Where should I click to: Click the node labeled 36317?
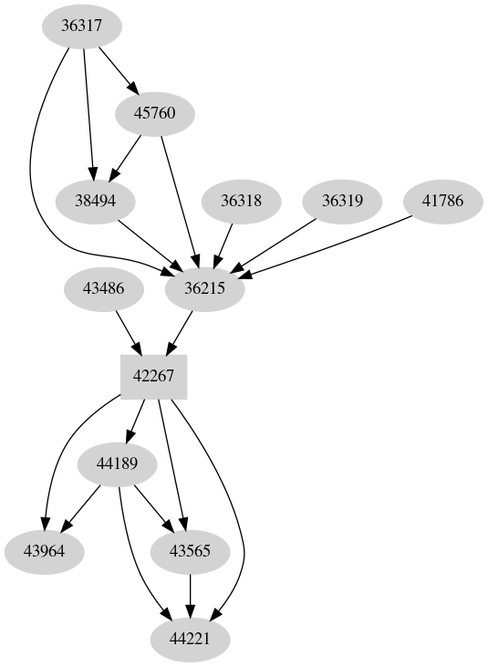coord(82,26)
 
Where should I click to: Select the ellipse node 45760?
coord(155,113)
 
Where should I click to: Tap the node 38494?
coord(95,201)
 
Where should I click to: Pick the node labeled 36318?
coord(242,201)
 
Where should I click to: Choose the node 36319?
coord(341,201)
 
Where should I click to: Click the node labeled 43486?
coord(102,289)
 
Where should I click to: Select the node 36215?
coord(205,289)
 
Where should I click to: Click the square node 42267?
coord(154,377)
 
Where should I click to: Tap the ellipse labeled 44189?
coord(118,464)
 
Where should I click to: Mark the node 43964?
coord(44,552)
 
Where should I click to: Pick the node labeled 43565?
coord(190,552)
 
